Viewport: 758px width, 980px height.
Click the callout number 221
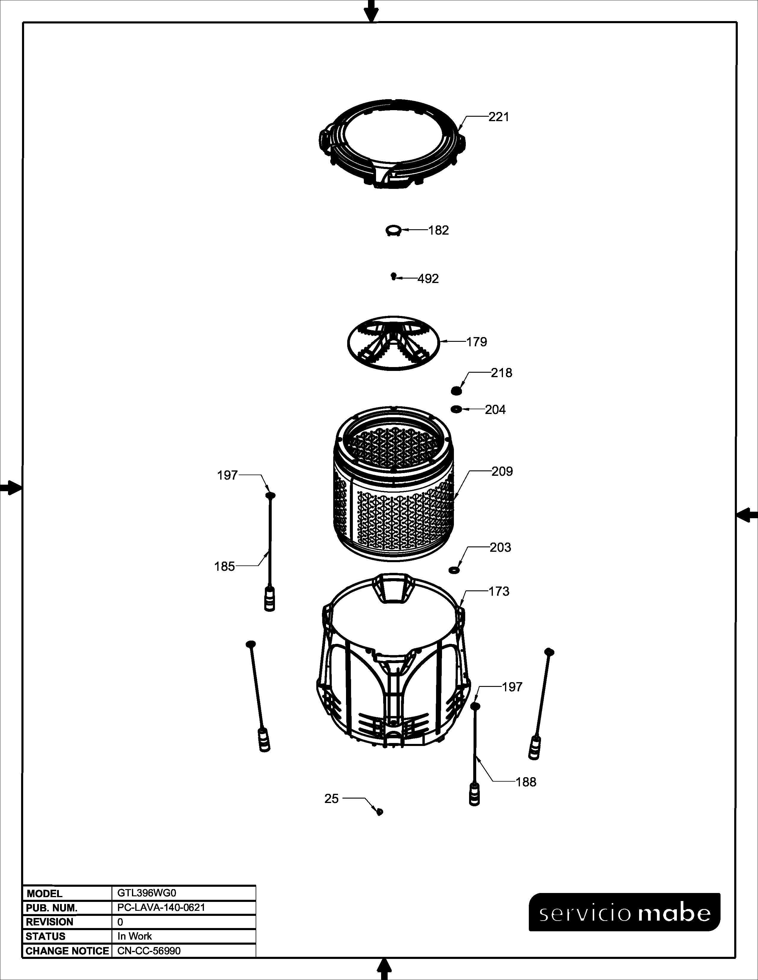499,117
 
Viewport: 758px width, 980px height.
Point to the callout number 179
476,342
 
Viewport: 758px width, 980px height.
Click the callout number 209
502,471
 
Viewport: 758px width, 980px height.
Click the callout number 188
526,782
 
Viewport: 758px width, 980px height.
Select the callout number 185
224,566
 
